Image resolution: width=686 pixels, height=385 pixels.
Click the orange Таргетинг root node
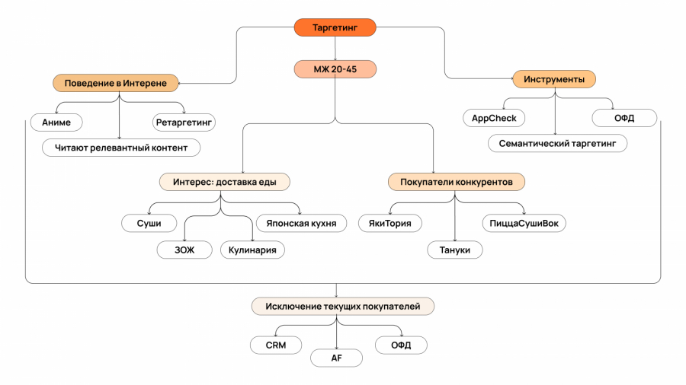pyautogui.click(x=335, y=27)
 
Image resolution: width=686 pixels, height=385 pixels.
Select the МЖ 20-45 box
pyautogui.click(x=335, y=69)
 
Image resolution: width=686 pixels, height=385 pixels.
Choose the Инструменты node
pyautogui.click(x=554, y=78)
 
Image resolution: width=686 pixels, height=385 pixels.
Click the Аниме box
pyautogui.click(x=56, y=122)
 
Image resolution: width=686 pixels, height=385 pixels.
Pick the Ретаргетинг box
pyautogui.click(x=184, y=122)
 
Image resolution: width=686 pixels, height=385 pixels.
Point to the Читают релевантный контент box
pyautogui.click(x=121, y=147)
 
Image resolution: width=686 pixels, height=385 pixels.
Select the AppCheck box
pyautogui.click(x=494, y=118)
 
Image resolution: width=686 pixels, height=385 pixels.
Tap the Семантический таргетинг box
pyautogui.click(x=558, y=143)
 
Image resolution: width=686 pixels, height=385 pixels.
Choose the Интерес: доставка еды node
pyautogui.click(x=225, y=182)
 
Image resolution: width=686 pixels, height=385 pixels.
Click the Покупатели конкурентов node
pyautogui.click(x=456, y=182)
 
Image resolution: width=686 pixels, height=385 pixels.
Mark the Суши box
pyautogui.click(x=149, y=223)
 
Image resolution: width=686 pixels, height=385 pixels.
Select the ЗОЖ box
pyautogui.click(x=183, y=249)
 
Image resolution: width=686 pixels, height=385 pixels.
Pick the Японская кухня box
pyautogui.click(x=301, y=223)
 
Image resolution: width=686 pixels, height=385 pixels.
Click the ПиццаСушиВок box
pyautogui.click(x=524, y=223)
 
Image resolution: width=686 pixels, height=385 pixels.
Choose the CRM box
pyautogui.click(x=275, y=345)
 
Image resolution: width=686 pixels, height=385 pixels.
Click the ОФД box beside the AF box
pyautogui.click(x=401, y=345)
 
